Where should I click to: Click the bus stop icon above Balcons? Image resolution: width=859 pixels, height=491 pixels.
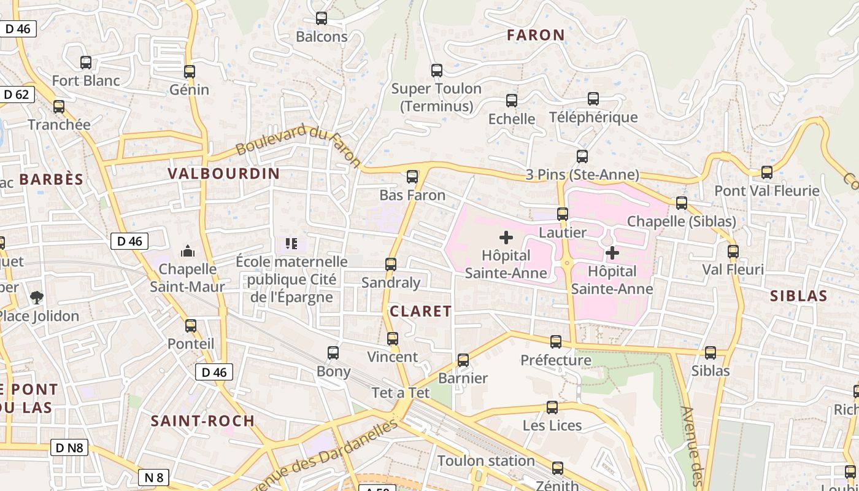321,18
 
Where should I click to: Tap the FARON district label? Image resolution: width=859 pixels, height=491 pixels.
536,36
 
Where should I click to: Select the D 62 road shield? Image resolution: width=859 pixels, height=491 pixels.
17,95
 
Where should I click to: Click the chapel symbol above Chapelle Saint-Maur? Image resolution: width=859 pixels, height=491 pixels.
188,251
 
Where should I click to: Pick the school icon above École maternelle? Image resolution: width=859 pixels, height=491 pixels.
291,244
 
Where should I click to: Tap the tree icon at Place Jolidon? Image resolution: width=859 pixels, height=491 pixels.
37,298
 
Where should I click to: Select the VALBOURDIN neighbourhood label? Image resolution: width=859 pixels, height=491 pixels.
224,174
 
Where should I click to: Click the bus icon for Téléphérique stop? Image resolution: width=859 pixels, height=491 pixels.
593,99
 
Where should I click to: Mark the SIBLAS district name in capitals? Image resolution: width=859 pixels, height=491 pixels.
798,296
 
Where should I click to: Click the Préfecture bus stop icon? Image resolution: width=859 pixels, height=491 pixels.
556,342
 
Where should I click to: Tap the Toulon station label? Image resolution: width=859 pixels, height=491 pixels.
486,460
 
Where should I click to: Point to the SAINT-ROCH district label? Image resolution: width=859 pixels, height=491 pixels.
202,421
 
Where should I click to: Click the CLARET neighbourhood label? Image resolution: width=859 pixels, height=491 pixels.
421,311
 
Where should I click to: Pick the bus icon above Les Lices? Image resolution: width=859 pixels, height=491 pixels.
552,408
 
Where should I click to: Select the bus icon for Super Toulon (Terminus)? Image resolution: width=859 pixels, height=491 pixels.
436,71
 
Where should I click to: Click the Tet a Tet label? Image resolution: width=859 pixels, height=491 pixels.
401,393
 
